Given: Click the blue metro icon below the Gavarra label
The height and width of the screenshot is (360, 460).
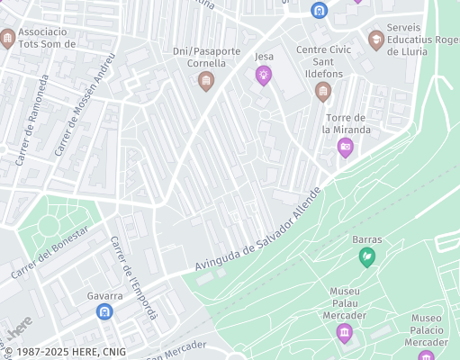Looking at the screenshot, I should click(104, 311).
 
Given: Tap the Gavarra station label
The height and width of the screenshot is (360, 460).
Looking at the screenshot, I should click(104, 295).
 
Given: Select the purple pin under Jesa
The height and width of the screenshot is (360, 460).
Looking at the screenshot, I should click(264, 76).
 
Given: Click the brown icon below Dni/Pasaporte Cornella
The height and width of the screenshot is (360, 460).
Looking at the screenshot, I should click(206, 82).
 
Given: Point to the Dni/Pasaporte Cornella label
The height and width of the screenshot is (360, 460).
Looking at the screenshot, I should click(206, 58).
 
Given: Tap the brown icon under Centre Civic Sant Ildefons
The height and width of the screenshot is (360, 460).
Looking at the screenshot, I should click(323, 91).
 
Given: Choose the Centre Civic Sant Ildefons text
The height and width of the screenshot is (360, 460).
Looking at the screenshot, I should click(323, 61).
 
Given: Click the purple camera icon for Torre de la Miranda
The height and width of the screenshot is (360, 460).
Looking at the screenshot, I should click(345, 148).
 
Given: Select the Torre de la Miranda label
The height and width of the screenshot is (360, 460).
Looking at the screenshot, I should click(346, 123).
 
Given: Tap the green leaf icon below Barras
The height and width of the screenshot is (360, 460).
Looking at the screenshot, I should click(367, 257).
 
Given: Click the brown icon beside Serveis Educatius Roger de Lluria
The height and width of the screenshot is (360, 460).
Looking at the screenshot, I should click(375, 39).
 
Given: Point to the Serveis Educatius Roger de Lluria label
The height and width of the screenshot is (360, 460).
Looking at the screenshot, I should click(421, 40).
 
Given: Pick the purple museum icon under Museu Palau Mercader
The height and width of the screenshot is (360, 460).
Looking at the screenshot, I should click(345, 334).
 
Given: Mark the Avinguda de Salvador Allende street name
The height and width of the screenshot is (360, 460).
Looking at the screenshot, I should click(257, 230).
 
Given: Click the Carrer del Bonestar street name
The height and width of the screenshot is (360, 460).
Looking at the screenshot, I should click(50, 252).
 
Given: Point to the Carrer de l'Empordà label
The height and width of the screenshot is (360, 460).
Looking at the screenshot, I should click(133, 277).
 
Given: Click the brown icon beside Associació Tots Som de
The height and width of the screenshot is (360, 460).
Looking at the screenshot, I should click(8, 38).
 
